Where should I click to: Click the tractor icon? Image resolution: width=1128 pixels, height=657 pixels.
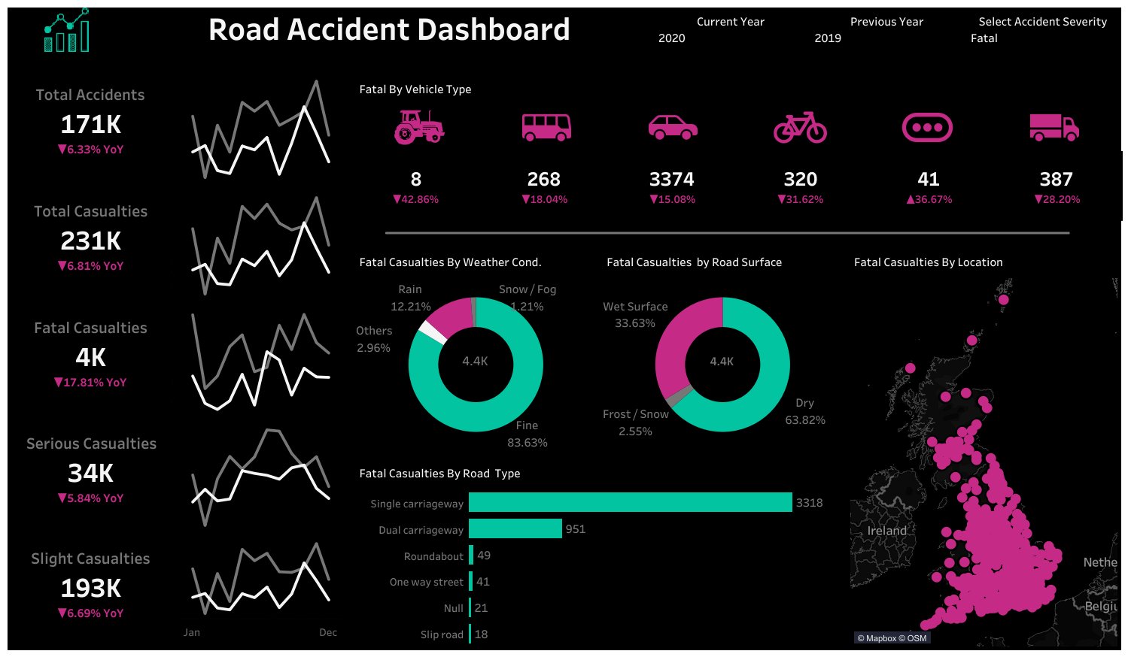pos(418,127)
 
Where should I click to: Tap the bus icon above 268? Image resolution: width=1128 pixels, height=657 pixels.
pos(546,127)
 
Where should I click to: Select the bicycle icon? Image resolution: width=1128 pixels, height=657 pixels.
pos(800,128)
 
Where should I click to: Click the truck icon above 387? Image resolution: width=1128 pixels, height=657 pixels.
pos(1054,127)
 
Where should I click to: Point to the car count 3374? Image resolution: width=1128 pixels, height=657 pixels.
pos(671,180)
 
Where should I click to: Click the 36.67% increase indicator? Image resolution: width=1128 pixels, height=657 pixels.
pos(929,200)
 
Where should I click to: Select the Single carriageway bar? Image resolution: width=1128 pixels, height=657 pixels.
pos(630,502)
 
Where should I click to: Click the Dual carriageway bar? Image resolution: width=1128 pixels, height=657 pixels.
pos(515,528)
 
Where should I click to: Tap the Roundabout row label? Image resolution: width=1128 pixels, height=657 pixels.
pos(433,556)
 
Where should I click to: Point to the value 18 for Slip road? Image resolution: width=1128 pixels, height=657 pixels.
pos(481,634)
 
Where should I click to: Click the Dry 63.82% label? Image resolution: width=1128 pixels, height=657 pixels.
pos(805,412)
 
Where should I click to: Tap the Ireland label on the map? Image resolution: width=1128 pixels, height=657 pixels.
pos(886,531)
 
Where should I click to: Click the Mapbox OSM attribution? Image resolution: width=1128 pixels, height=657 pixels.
pos(892,638)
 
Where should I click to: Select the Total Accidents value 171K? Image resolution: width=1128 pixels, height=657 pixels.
pos(90,125)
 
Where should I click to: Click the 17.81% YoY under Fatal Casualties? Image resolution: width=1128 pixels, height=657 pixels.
pos(90,383)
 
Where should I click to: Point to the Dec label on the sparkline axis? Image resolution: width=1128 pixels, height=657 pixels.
pos(328,633)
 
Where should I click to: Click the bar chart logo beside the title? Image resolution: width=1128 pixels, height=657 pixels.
pos(67,31)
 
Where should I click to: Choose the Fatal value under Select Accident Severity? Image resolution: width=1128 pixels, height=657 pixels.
pos(984,38)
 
